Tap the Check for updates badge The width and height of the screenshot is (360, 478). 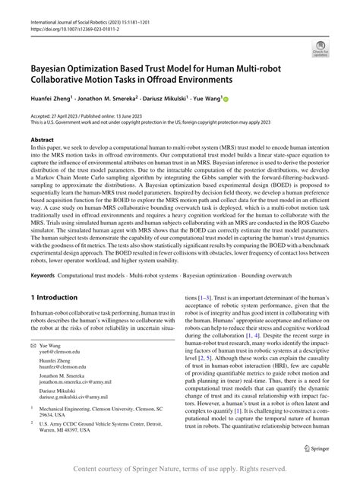(321, 51)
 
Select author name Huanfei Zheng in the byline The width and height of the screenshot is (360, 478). (50, 97)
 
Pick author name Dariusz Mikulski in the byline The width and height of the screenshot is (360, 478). (169, 97)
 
